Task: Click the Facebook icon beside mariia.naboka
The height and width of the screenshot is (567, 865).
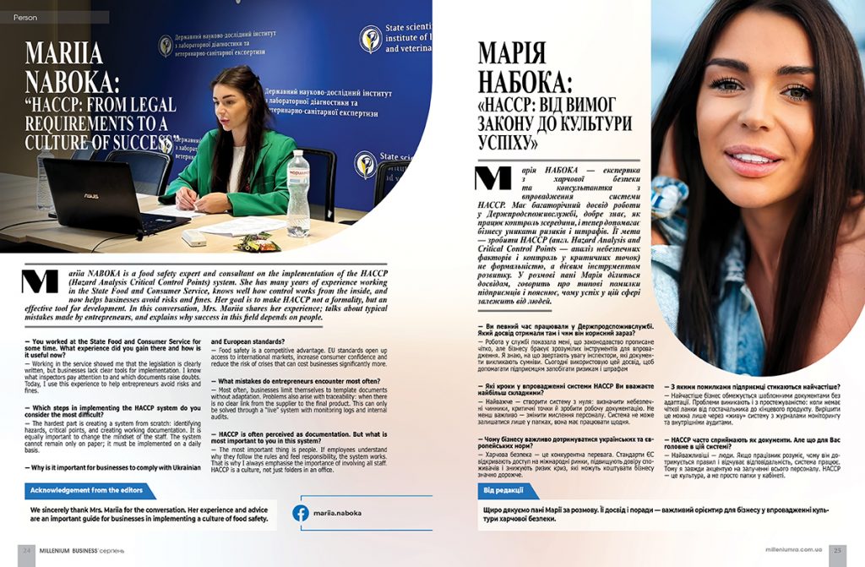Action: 300,513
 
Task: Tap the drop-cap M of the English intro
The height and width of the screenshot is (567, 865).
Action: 37,281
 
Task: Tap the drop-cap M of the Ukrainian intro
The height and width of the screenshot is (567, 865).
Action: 493,178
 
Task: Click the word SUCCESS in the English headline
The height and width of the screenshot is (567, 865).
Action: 130,143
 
